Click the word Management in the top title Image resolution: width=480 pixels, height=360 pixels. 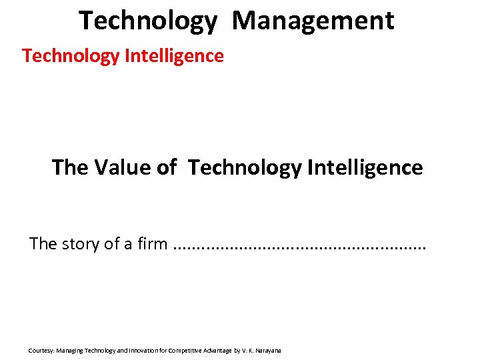[313, 21]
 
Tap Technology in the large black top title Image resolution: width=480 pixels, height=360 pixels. [147, 21]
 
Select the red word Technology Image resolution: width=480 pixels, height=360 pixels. [71, 56]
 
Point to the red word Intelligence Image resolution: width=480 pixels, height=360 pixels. [174, 56]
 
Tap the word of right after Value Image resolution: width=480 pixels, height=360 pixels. [167, 167]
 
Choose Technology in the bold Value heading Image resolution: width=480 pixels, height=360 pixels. [245, 167]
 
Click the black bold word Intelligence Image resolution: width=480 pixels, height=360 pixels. [365, 167]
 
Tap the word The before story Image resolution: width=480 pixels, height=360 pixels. [43, 244]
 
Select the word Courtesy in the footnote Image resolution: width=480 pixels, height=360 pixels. [41, 350]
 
